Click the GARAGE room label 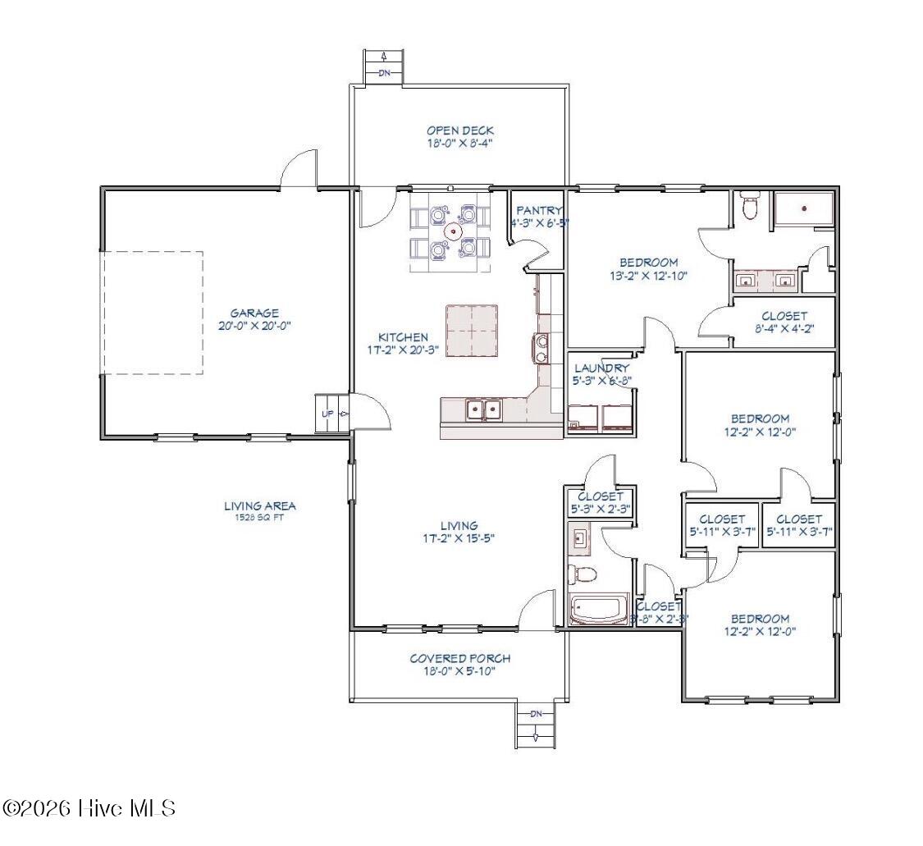(x=254, y=313)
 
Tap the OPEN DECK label (x=459, y=130)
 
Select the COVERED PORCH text (x=459, y=658)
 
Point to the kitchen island (x=472, y=331)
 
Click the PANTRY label (x=539, y=211)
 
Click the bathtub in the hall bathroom (x=599, y=610)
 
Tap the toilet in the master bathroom (x=749, y=206)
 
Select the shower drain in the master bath (x=804, y=208)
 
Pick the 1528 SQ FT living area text (x=259, y=518)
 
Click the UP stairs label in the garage (x=327, y=414)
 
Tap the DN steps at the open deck (x=384, y=73)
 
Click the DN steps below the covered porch (x=536, y=714)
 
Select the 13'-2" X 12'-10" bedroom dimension (x=647, y=276)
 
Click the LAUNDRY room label (x=601, y=368)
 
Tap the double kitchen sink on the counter (x=482, y=408)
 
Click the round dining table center (x=450, y=231)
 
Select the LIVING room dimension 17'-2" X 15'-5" (x=459, y=538)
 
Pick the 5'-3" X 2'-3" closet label (x=601, y=509)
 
